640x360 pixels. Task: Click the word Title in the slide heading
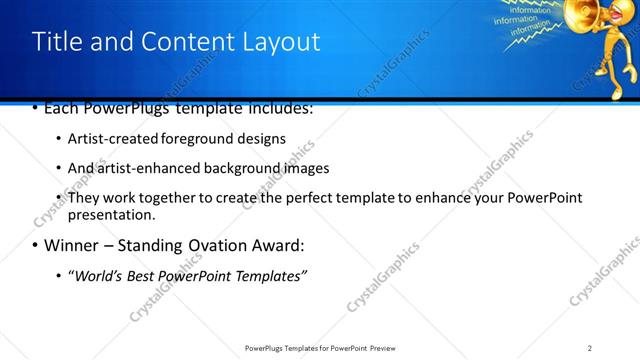(56, 42)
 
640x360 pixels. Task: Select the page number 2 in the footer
(590, 347)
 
